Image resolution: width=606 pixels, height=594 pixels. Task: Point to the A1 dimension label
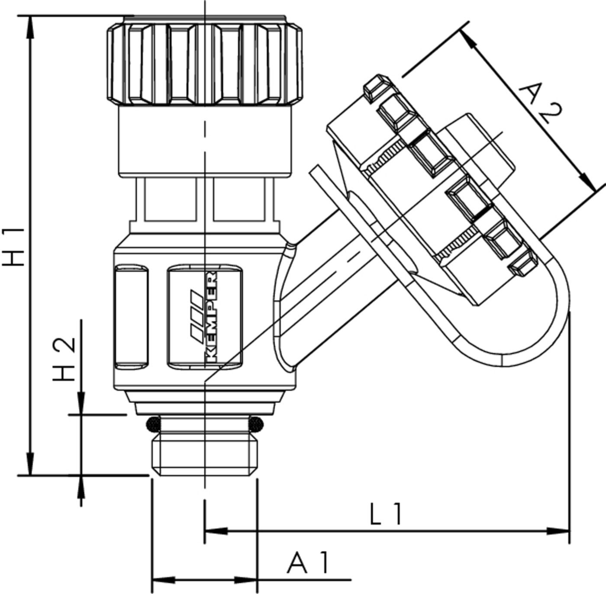[x=309, y=563]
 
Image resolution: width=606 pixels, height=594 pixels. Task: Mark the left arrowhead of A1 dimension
[x=163, y=579]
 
